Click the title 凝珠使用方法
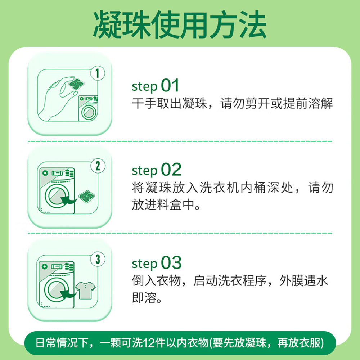point(180,24)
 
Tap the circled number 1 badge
point(98,73)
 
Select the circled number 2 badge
point(98,166)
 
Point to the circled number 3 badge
point(98,259)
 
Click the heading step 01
point(155,85)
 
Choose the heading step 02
point(157,170)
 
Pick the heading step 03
point(157,263)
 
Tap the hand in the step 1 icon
point(57,99)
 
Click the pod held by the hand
point(76,84)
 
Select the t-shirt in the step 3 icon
point(85,291)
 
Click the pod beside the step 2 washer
point(86,197)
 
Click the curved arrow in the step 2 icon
point(68,201)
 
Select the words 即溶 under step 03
point(144,298)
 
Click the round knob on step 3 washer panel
point(44,266)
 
